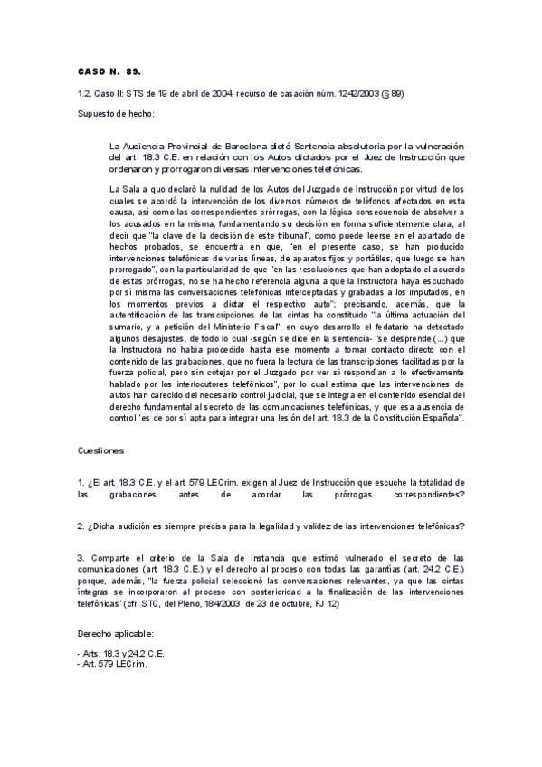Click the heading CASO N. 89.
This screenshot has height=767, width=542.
(109, 70)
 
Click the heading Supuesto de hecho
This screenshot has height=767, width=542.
(115, 115)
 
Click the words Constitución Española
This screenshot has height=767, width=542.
(422, 419)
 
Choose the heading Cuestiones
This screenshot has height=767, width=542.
(101, 450)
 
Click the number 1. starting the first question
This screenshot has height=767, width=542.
(81, 481)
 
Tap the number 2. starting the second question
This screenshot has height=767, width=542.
(81, 526)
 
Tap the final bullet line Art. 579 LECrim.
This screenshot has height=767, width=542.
(113, 664)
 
